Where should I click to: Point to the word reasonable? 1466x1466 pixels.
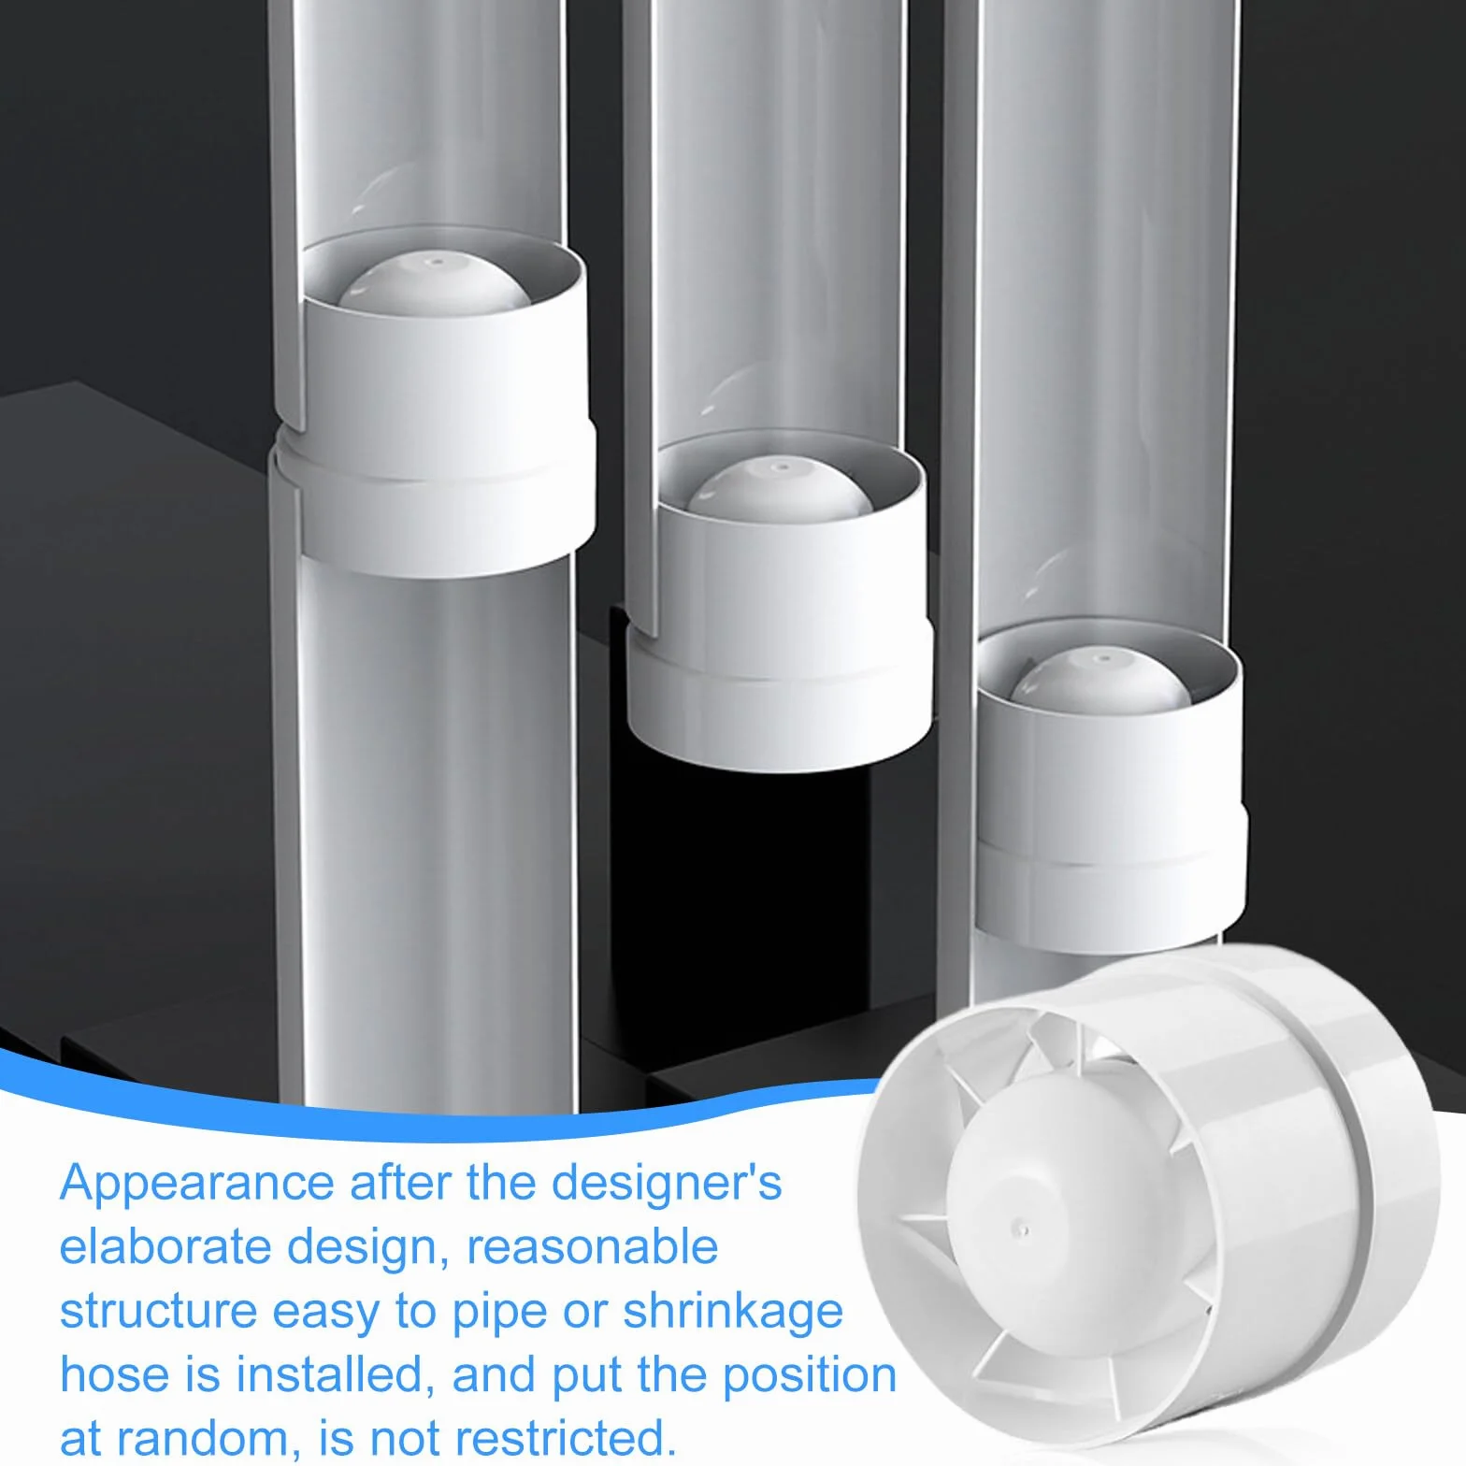click(592, 1246)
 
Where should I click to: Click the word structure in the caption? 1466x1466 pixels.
click(158, 1311)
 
